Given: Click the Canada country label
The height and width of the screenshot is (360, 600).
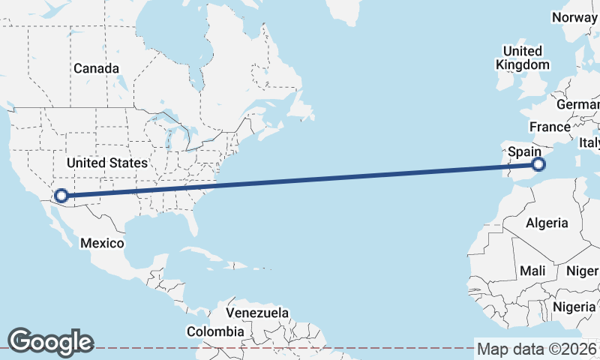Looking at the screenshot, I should (x=96, y=68).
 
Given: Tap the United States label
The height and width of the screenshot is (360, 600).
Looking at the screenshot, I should (x=107, y=163).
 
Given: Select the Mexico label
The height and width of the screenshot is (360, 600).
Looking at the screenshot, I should (x=102, y=243).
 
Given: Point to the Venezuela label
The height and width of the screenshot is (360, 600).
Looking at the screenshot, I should (x=257, y=312).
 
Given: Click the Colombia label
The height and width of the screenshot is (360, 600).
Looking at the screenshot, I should (x=215, y=331).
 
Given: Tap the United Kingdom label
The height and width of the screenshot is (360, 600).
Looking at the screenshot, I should (x=523, y=58).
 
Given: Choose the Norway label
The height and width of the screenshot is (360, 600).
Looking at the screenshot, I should (x=574, y=16).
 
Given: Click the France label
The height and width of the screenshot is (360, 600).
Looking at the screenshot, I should (x=550, y=127).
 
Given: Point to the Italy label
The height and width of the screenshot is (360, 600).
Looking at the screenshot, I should (x=589, y=142).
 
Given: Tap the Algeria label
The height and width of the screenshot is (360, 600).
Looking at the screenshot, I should (x=547, y=223).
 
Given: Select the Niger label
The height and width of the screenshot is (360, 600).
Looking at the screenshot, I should (x=583, y=270).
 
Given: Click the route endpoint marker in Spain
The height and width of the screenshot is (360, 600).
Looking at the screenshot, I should (x=538, y=164).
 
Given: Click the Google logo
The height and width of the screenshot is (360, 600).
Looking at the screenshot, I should (x=50, y=341).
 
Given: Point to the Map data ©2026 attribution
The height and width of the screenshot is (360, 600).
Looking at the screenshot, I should (x=537, y=349).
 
